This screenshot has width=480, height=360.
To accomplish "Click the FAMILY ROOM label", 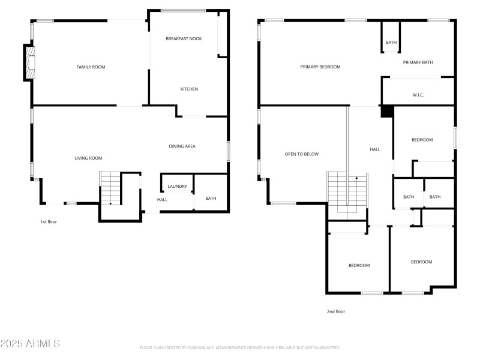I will [x=91, y=67].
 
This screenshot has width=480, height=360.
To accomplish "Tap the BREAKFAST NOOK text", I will [x=184, y=38].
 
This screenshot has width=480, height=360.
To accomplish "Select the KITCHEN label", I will [x=189, y=89].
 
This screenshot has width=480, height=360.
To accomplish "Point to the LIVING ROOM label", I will [x=88, y=158].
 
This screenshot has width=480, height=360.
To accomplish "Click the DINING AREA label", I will [x=182, y=146].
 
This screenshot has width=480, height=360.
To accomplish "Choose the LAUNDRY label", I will [x=177, y=186].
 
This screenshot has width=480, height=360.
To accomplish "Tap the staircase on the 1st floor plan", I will [x=110, y=188].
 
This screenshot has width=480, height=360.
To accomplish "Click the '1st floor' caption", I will [x=49, y=221].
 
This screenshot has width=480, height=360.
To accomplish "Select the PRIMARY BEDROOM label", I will [x=320, y=67].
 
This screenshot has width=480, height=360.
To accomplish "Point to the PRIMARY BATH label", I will [x=418, y=62].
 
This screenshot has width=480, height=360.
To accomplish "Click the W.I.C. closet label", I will [x=418, y=95].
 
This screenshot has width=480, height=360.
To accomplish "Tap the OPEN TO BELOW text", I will [x=301, y=154].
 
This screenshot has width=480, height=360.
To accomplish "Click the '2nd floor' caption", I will [x=336, y=311].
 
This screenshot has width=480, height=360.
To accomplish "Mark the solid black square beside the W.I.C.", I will [x=387, y=111].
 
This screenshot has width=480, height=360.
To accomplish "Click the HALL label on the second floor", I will [x=374, y=149].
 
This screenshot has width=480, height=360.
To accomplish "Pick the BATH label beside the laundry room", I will [x=211, y=199].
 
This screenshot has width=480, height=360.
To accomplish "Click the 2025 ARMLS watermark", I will [x=30, y=344].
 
